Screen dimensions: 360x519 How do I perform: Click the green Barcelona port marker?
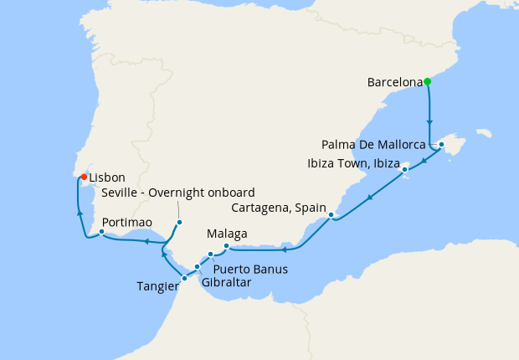click(x=427, y=82)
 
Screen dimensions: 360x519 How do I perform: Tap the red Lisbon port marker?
click(x=84, y=177)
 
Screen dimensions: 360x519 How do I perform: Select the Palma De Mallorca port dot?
click(x=441, y=144)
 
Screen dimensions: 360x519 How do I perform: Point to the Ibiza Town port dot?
click(x=405, y=170)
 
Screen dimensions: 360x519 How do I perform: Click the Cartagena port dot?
click(x=331, y=215)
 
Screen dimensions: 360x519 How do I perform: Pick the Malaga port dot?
click(x=226, y=246)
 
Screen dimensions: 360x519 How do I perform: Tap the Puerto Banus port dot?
click(x=210, y=254)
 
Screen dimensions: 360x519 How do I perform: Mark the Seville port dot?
click(x=179, y=222)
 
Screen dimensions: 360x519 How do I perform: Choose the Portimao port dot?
click(x=101, y=232)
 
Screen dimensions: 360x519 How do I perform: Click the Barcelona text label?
click(x=394, y=83)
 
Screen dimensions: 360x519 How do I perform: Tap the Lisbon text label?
click(x=107, y=177)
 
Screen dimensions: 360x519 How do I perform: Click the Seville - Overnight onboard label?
click(x=177, y=193)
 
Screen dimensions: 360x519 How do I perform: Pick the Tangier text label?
click(x=157, y=286)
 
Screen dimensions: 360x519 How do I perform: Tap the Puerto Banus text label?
click(x=250, y=270)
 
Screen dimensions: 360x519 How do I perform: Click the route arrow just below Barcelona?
click(x=429, y=121)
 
